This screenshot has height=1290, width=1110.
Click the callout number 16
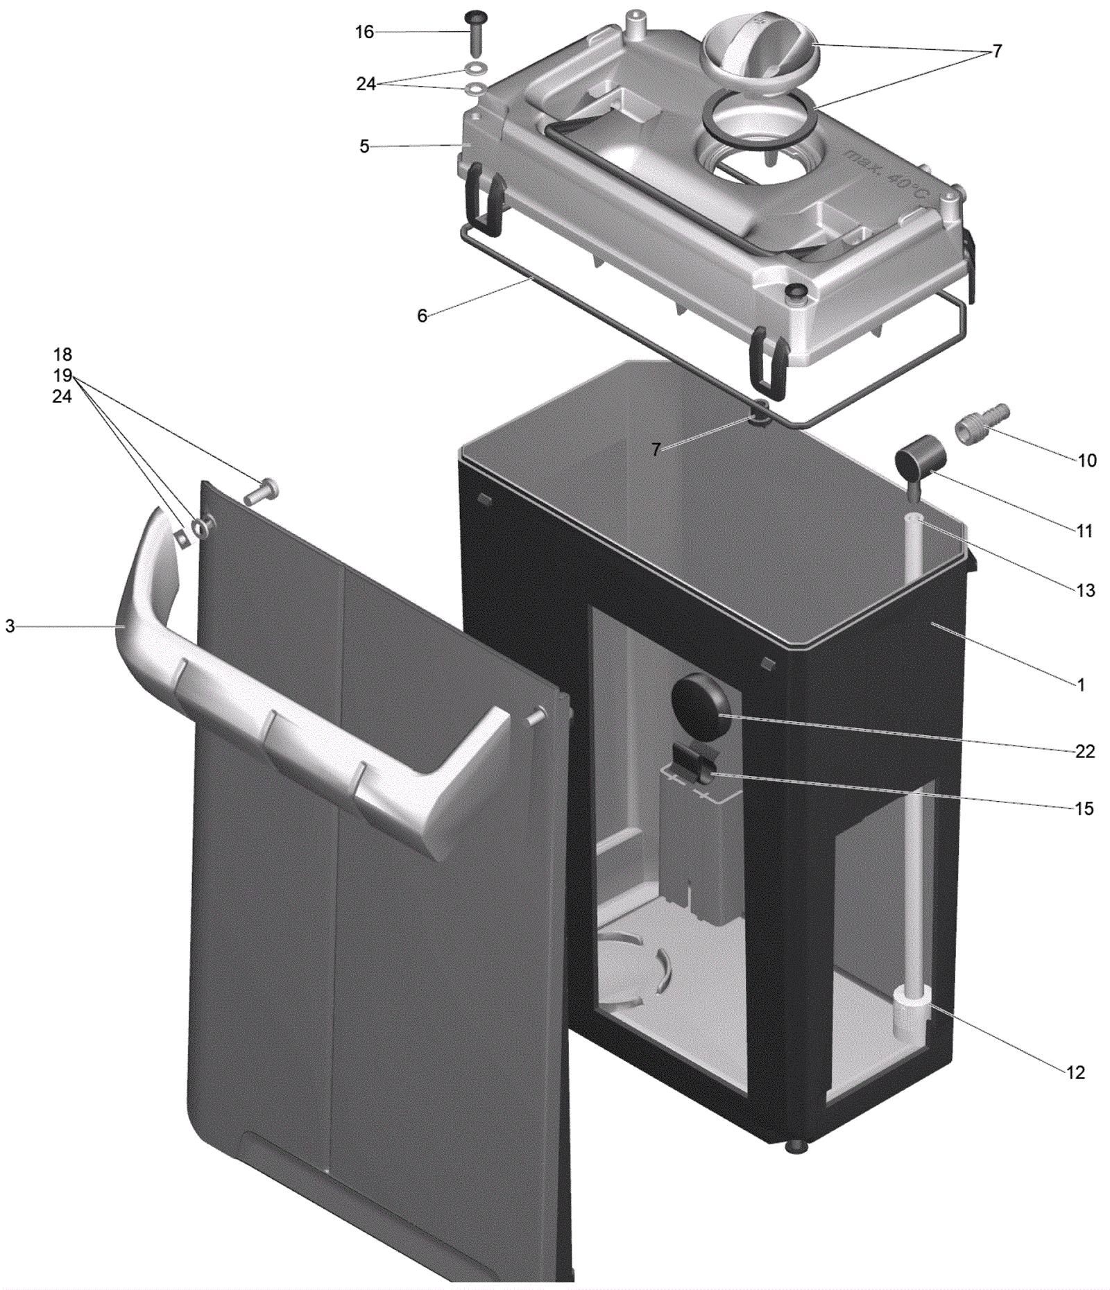coord(364,32)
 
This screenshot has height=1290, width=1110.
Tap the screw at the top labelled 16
coord(476,33)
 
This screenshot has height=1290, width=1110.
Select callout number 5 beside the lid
coord(364,146)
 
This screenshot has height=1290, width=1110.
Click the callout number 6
coord(422,316)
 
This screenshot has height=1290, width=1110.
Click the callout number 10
coord(1086,461)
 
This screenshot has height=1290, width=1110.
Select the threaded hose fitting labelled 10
coord(982,424)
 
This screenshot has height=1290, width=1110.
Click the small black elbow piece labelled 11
coord(920,461)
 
